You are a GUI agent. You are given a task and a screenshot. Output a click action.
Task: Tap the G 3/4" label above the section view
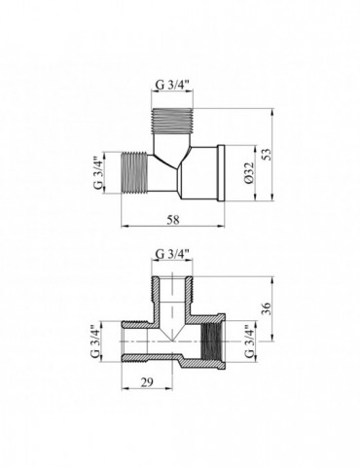[173, 256]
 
